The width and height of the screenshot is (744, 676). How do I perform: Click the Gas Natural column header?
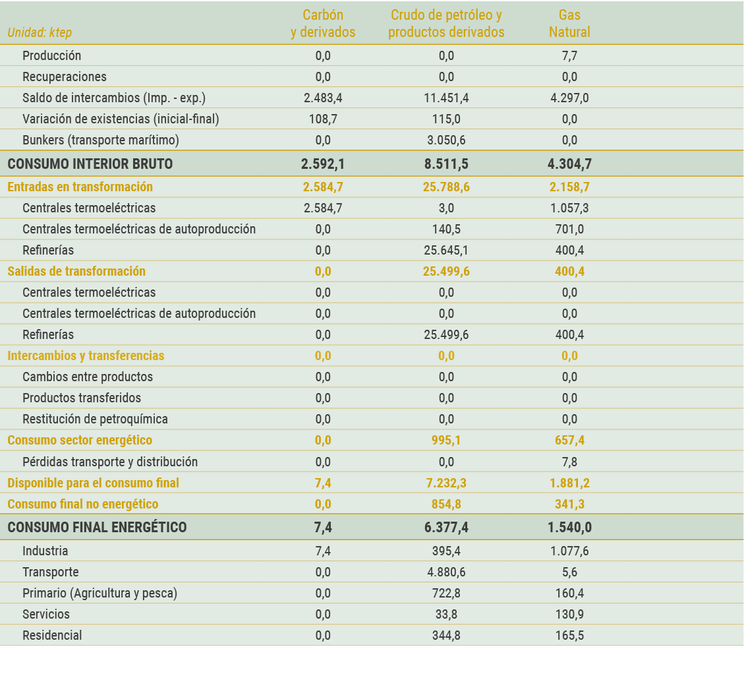pyautogui.click(x=569, y=24)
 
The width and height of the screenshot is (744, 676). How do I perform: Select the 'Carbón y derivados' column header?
pyautogui.click(x=323, y=24)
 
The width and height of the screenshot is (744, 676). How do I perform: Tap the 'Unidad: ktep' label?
pyautogui.click(x=40, y=32)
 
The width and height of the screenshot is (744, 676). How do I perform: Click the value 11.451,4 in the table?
pyautogui.click(x=446, y=98)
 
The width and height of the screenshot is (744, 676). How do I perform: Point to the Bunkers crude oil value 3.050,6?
pyautogui.click(x=446, y=140)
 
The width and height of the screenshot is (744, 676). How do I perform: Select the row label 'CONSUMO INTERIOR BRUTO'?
pyautogui.click(x=90, y=164)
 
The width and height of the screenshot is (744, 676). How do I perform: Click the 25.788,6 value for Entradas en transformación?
pyautogui.click(x=446, y=187)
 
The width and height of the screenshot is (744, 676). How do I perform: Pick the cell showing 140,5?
pyautogui.click(x=446, y=230)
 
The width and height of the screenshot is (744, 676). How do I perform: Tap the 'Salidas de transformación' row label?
pyautogui.click(x=76, y=272)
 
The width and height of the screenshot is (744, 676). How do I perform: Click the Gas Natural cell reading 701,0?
pyautogui.click(x=569, y=230)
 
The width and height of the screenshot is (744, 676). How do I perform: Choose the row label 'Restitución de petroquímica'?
pyautogui.click(x=95, y=419)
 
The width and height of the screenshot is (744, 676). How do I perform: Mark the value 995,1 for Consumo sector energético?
pyautogui.click(x=446, y=441)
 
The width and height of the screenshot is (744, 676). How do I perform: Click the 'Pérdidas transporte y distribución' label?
pyautogui.click(x=110, y=462)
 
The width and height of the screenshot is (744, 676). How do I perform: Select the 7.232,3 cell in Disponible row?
pyautogui.click(x=446, y=483)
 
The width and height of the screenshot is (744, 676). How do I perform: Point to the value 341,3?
pyautogui.click(x=569, y=505)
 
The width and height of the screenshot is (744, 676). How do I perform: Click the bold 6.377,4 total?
pyautogui.click(x=446, y=528)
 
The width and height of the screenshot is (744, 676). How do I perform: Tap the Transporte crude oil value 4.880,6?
pyautogui.click(x=446, y=572)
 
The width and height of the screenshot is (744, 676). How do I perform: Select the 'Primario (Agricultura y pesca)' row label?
pyautogui.click(x=100, y=594)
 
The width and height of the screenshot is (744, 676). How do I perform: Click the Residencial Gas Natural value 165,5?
pyautogui.click(x=569, y=636)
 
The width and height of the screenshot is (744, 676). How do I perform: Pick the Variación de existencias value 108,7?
pyautogui.click(x=323, y=119)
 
